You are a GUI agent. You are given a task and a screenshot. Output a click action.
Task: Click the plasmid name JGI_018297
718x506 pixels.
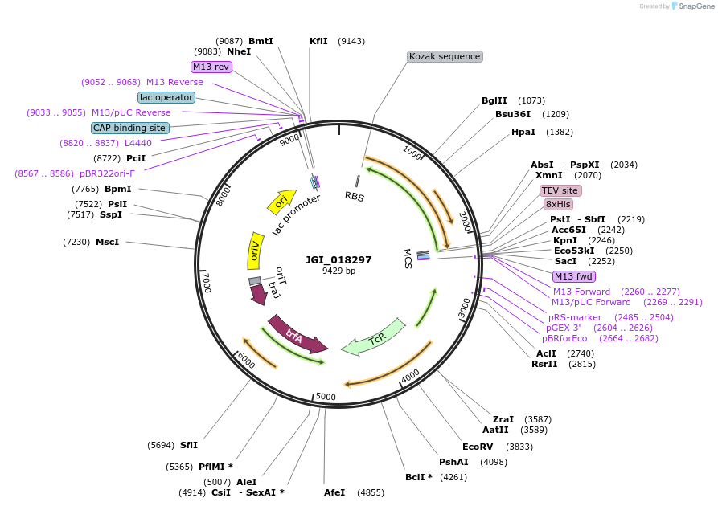point(338,259)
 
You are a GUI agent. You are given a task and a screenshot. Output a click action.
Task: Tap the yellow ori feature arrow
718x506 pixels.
point(281,203)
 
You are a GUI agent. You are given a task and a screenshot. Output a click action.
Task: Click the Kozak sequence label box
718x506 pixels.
point(445,56)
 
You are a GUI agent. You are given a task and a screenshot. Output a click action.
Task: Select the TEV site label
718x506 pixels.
point(560,190)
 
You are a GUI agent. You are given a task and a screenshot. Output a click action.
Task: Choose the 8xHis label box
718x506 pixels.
point(558,204)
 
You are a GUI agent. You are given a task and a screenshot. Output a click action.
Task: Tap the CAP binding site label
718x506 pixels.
point(130,128)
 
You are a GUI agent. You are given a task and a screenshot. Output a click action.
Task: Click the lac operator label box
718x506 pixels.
point(166,97)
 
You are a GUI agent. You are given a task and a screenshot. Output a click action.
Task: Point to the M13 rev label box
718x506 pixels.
point(211,67)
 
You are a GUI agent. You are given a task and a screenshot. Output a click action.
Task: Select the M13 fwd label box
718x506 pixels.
point(573,277)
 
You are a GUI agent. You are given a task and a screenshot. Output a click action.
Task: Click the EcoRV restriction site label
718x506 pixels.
point(478,447)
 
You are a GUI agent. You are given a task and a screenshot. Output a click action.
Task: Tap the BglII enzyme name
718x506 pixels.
point(494,100)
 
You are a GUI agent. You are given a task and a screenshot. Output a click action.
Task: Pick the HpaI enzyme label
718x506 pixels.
point(523,132)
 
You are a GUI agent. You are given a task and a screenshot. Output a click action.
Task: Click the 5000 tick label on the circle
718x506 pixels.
point(326,396)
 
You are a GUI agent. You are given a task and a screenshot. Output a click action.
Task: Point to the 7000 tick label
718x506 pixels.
point(207,281)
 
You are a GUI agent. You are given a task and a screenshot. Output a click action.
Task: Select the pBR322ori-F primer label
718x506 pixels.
point(107,173)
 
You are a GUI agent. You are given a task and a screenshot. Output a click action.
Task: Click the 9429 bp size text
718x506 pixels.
point(338,271)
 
